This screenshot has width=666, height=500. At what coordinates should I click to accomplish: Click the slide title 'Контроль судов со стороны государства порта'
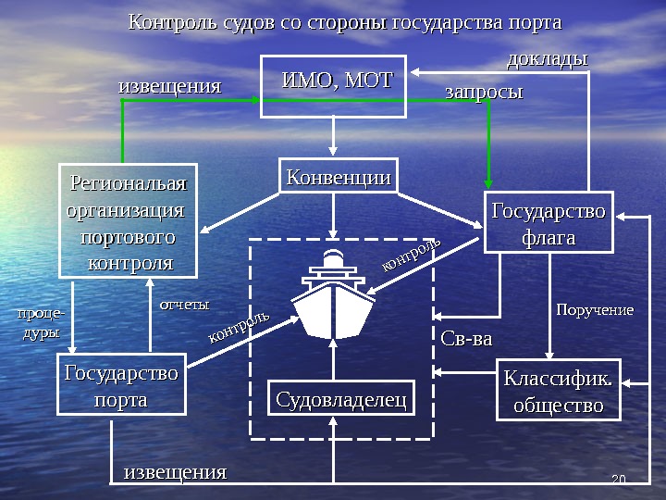(x=344, y=21)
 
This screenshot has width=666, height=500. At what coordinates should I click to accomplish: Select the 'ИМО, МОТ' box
(x=333, y=86)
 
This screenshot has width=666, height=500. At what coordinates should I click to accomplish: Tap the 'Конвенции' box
(x=338, y=176)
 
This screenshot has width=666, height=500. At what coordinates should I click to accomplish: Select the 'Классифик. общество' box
(x=559, y=393)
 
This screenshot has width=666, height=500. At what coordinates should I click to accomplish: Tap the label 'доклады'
(x=548, y=59)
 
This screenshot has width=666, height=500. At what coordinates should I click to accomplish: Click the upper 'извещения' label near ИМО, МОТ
(x=170, y=87)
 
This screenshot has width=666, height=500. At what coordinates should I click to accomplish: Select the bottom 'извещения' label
(x=175, y=473)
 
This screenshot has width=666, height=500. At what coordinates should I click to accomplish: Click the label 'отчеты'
(x=185, y=304)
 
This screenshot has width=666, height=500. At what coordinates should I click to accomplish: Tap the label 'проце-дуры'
(x=41, y=323)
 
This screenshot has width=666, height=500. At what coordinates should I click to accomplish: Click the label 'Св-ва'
(x=466, y=339)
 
